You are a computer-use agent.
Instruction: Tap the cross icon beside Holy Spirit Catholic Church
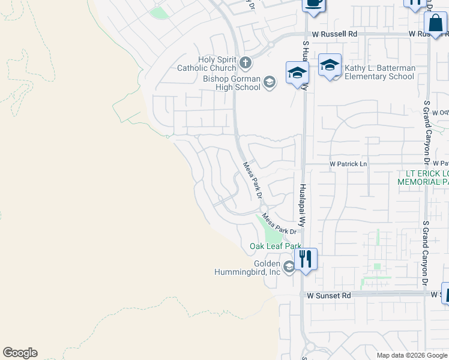click(246, 62)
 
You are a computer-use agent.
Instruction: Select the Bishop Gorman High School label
click(232, 83)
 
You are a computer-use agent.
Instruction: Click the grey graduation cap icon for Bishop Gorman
click(270, 82)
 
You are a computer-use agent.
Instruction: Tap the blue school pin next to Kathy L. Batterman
click(330, 66)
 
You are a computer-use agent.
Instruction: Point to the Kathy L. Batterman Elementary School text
click(379, 73)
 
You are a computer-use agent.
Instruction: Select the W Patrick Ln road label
click(348, 164)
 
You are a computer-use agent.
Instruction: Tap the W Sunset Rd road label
click(328, 295)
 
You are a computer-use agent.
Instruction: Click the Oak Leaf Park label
click(276, 246)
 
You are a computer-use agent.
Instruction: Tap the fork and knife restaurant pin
click(306, 260)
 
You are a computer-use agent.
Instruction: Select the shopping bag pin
click(435, 25)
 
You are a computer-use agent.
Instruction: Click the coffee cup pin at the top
click(313, 4)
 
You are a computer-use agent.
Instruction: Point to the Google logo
click(20, 353)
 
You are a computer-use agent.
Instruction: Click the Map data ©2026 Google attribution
click(411, 355)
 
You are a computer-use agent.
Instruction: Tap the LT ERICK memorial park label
click(423, 177)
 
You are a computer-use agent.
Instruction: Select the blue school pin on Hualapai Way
click(297, 74)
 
